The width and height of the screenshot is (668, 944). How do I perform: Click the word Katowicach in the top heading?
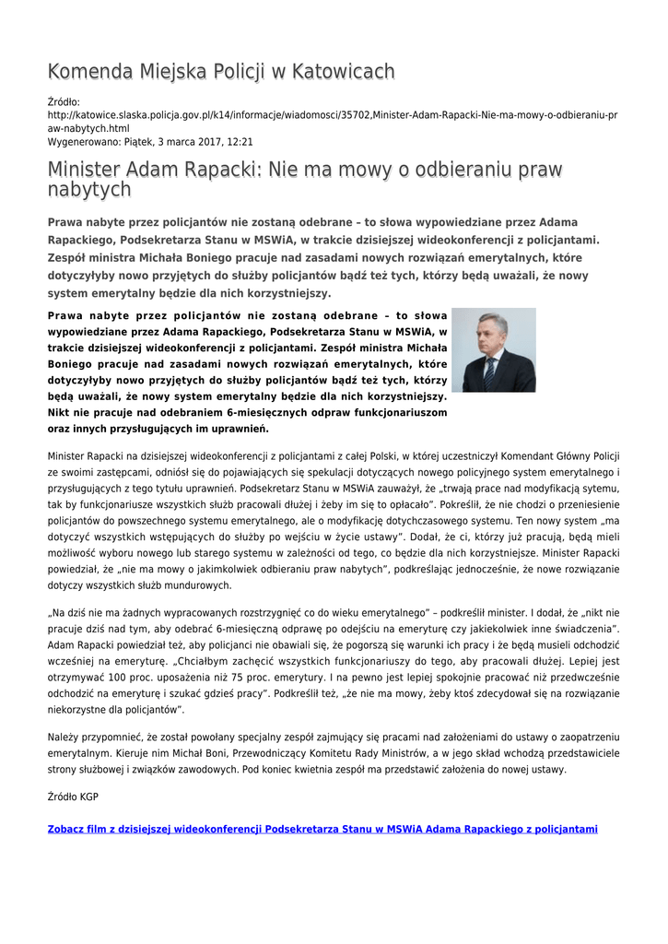(x=340, y=72)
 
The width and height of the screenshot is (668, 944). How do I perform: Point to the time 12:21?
(x=239, y=142)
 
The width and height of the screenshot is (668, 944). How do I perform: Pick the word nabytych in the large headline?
(x=89, y=190)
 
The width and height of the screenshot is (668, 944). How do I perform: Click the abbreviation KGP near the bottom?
(x=88, y=796)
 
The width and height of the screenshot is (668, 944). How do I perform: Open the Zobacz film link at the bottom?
(x=322, y=830)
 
